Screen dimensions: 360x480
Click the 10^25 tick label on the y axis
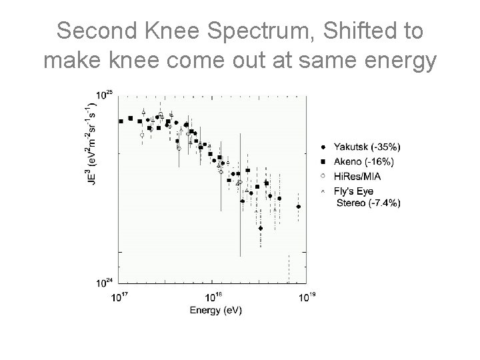click(x=104, y=95)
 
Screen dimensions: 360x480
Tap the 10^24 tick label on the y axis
click(x=104, y=283)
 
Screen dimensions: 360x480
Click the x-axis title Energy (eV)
click(x=215, y=310)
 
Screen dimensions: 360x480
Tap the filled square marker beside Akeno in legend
click(x=323, y=161)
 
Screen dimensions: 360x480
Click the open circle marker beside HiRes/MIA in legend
click(x=323, y=176)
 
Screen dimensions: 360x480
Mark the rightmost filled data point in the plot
click(x=298, y=207)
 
